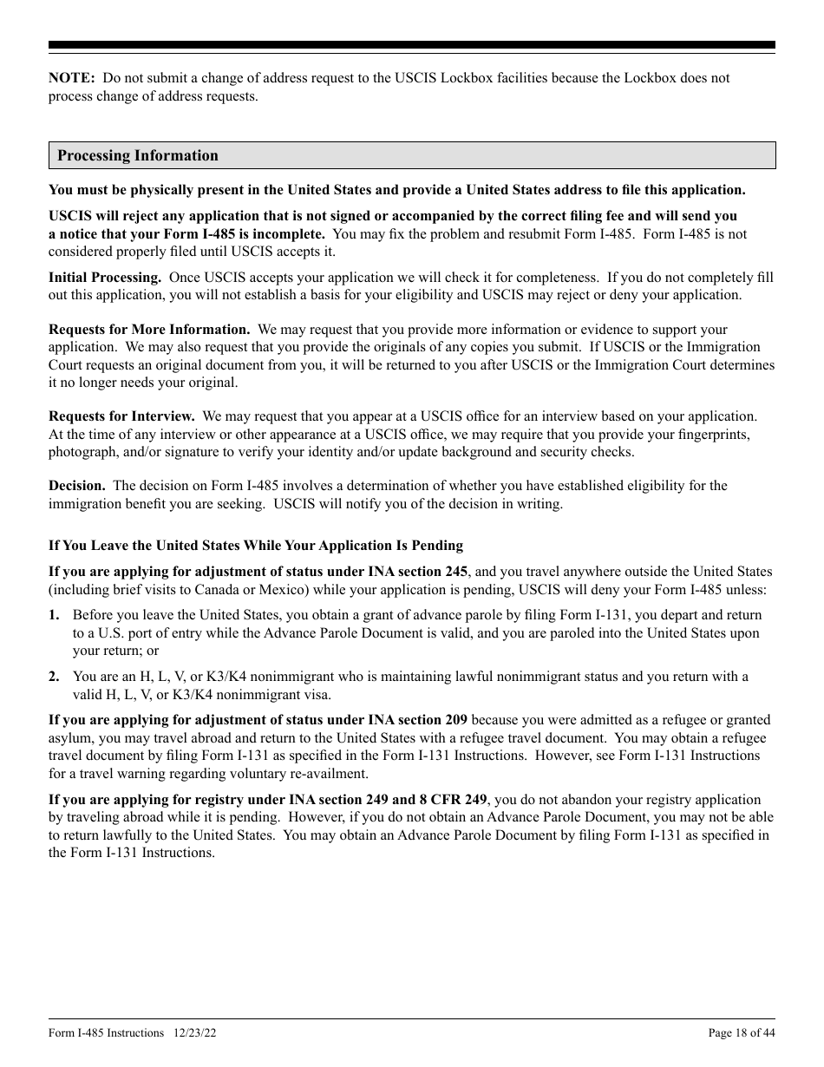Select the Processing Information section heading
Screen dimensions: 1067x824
click(137, 156)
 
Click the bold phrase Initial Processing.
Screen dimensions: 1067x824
click(104, 278)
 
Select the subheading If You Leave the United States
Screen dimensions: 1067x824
click(255, 546)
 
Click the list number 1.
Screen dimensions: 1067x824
click(54, 615)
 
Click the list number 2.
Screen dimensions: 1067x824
click(54, 677)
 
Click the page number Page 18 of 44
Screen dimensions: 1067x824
click(742, 1033)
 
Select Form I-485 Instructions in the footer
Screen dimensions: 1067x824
click(106, 1033)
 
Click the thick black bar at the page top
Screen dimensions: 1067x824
click(411, 45)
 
